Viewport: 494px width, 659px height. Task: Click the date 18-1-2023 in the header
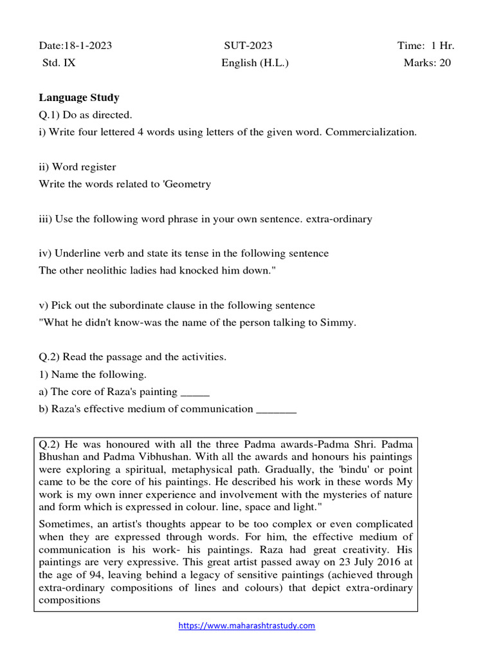coord(90,45)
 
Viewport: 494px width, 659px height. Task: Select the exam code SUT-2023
coord(248,45)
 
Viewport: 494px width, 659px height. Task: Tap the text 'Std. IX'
coord(59,62)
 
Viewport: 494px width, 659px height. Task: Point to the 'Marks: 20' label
coord(427,62)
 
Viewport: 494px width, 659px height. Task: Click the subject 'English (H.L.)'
coord(255,62)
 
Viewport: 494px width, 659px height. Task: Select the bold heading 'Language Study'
coord(79,97)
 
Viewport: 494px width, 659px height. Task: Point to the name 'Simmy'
coord(338,322)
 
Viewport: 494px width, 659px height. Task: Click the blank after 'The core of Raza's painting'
coord(196,391)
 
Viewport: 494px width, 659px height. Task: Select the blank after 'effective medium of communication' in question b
coord(276,409)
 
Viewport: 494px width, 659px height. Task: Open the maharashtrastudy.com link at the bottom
coord(246,626)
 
